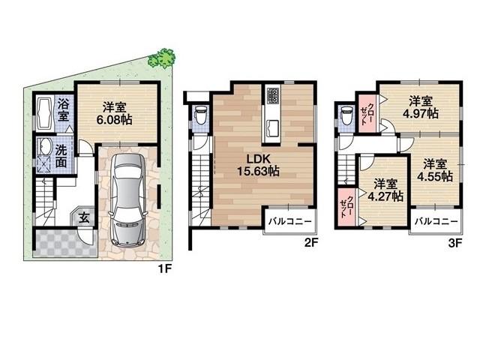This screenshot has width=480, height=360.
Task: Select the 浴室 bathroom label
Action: pos(64,109)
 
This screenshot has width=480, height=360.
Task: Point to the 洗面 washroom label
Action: pos(64,154)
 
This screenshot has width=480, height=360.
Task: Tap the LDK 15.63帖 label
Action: pos(259,165)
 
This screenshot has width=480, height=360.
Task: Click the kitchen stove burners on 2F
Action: pos(272,96)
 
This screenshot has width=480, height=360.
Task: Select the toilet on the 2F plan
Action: pos(199,115)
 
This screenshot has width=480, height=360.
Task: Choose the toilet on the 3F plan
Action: pos(346,115)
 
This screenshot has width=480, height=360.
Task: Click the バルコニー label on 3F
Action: pos(436,221)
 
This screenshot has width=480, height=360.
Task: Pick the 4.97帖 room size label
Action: pos(421,108)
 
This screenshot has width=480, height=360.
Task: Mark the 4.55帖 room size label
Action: pos(436,170)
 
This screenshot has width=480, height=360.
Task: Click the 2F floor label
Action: pos(312,243)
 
